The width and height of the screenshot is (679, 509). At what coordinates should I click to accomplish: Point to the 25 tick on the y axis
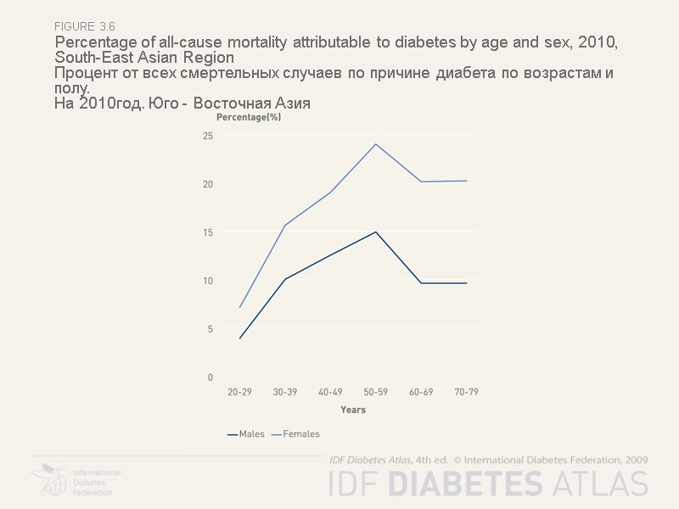pyautogui.click(x=208, y=136)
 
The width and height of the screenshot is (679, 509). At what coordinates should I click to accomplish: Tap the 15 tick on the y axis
pyautogui.click(x=208, y=232)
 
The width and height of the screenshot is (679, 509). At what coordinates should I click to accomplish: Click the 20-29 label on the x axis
pyautogui.click(x=240, y=394)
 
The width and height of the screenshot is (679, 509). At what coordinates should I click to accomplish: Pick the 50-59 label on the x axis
pyautogui.click(x=376, y=394)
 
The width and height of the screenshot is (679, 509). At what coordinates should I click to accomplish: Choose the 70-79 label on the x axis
pyautogui.click(x=466, y=394)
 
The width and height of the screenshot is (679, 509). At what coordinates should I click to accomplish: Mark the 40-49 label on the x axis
pyautogui.click(x=330, y=394)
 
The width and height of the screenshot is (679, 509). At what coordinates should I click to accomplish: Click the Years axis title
pyautogui.click(x=353, y=410)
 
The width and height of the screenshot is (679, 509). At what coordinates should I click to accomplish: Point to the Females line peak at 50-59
pyautogui.click(x=376, y=143)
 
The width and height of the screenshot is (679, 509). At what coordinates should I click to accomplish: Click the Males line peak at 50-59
pyautogui.click(x=376, y=232)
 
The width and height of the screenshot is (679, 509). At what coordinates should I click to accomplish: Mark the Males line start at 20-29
pyautogui.click(x=240, y=338)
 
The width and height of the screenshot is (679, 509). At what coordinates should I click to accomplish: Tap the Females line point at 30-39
pyautogui.click(x=285, y=225)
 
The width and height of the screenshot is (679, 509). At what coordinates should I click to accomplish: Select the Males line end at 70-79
pyautogui.click(x=466, y=283)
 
